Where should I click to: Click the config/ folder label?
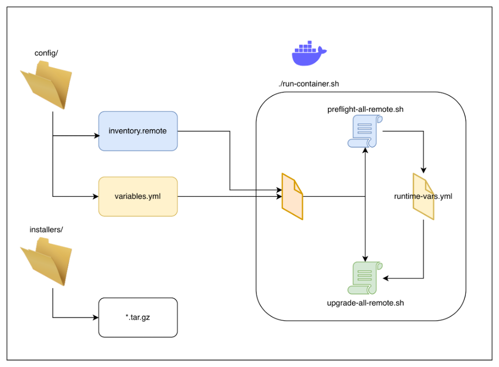coord(46,53)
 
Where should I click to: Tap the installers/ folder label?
coord(46,230)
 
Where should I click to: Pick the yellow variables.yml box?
coord(138,196)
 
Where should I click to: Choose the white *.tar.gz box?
coord(138,318)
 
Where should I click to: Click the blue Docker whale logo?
coord(309,54)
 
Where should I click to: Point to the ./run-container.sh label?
coord(309,84)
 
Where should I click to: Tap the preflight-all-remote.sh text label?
coord(365,110)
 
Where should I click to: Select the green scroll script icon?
coord(365,278)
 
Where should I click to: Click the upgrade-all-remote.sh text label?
coord(365,303)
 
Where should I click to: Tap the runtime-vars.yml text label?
coord(423,196)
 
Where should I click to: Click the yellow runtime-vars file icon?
coord(423,196)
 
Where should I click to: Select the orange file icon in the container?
coord(292,196)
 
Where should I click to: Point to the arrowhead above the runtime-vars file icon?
coord(423,170)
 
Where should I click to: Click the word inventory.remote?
coord(138,130)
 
